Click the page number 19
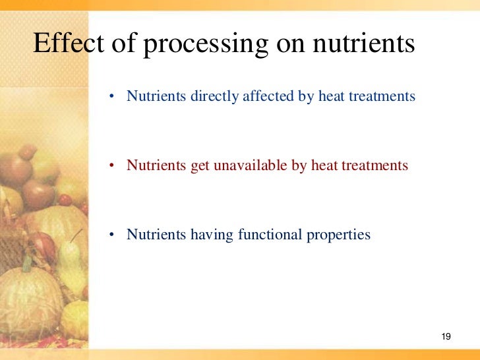tap(445, 338)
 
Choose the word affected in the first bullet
tap(266, 96)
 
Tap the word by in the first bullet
tap(305, 97)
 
